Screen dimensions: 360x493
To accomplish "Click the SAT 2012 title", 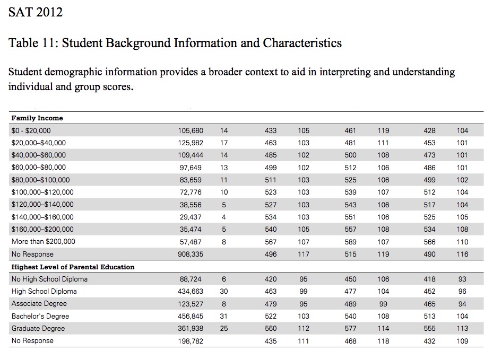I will click(x=36, y=12).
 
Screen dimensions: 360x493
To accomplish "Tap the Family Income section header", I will click(x=37, y=118).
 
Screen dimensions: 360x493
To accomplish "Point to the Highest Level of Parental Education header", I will click(x=73, y=267).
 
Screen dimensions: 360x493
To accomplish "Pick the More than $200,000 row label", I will click(x=43, y=242).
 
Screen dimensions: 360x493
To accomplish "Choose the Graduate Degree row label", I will click(x=38, y=329).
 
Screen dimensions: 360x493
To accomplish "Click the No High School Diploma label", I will click(x=49, y=279).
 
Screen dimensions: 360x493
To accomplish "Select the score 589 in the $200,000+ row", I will click(x=351, y=242).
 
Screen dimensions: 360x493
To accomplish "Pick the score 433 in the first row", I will click(x=271, y=130).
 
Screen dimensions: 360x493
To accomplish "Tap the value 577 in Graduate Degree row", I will click(x=351, y=329).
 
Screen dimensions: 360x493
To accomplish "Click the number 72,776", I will click(x=192, y=192).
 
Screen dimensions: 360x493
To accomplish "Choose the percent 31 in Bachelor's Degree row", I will click(x=224, y=317).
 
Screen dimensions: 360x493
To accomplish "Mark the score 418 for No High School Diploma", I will click(x=430, y=279).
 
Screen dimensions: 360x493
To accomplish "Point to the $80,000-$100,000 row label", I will click(x=40, y=180).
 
